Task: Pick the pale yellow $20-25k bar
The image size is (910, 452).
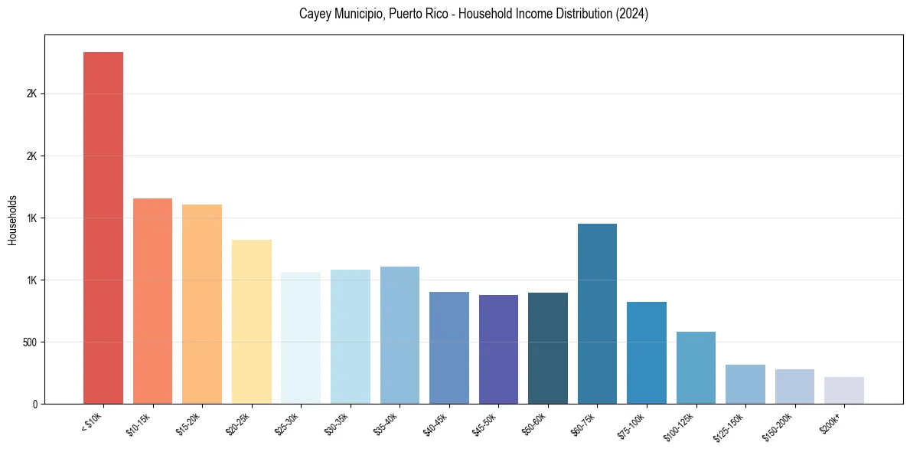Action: (x=252, y=321)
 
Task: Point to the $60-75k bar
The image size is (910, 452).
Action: (x=597, y=313)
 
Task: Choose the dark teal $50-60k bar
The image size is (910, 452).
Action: (x=548, y=348)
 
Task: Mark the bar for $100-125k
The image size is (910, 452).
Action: (x=696, y=367)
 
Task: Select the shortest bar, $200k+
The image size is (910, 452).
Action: (x=844, y=390)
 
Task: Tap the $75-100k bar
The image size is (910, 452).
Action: (x=647, y=352)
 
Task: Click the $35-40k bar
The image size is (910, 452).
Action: (x=400, y=335)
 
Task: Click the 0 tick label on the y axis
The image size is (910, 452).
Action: (x=34, y=404)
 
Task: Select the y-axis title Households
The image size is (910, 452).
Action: (x=12, y=220)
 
